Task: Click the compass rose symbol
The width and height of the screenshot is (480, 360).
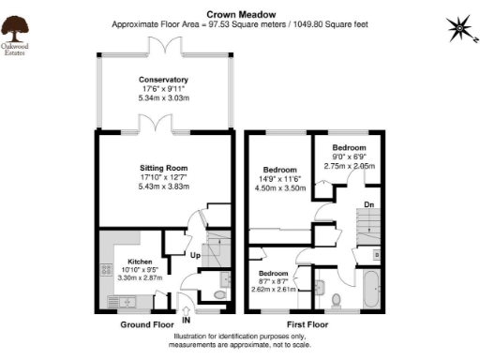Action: pyautogui.click(x=457, y=29)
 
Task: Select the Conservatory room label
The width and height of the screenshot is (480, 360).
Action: pyautogui.click(x=164, y=80)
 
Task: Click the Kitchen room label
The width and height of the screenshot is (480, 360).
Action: pyautogui.click(x=127, y=262)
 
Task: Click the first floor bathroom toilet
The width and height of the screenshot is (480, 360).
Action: pyautogui.click(x=335, y=299)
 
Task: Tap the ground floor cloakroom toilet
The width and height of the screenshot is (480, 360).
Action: pyautogui.click(x=219, y=294)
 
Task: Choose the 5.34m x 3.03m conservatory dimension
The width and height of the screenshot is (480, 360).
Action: pyautogui.click(x=164, y=97)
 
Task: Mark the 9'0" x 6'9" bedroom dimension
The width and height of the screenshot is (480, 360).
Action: pyautogui.click(x=349, y=157)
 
